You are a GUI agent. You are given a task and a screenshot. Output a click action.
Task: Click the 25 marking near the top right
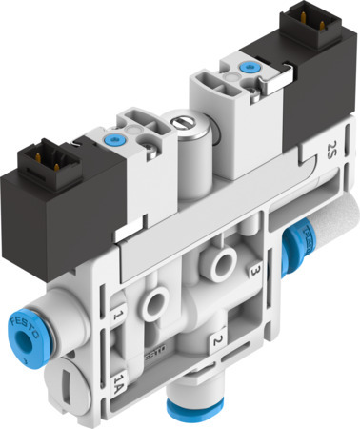[330, 149]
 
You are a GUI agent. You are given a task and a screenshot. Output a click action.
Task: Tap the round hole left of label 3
[225, 259]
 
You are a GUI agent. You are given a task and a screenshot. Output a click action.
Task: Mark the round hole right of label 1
[153, 297]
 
